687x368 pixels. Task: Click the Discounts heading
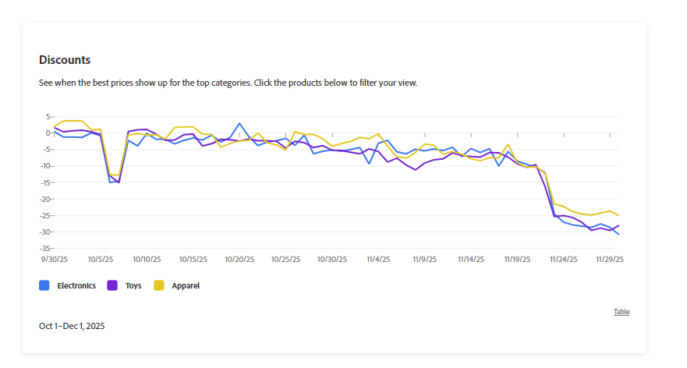(x=65, y=60)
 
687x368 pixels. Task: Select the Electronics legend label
(x=76, y=286)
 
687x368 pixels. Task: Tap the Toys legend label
(x=133, y=286)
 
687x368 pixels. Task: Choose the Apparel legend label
(x=186, y=286)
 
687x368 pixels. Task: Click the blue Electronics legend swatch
(x=44, y=286)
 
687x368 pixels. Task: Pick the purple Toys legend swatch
(x=112, y=286)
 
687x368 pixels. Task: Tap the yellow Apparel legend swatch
(x=159, y=286)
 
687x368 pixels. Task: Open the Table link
(x=621, y=312)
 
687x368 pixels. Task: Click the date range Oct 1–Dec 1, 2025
(x=72, y=326)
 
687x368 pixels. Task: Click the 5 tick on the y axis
(x=47, y=116)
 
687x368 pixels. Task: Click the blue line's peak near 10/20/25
(x=239, y=123)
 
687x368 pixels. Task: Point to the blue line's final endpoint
(x=619, y=234)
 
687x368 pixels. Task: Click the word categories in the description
(x=228, y=83)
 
